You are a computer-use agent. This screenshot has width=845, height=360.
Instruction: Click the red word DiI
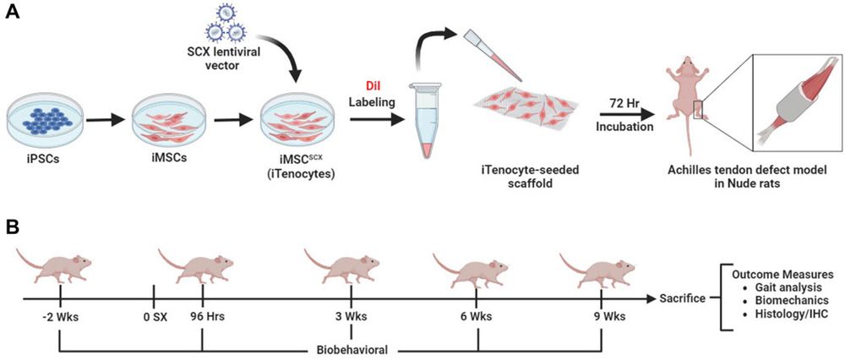pyautogui.click(x=372, y=85)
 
